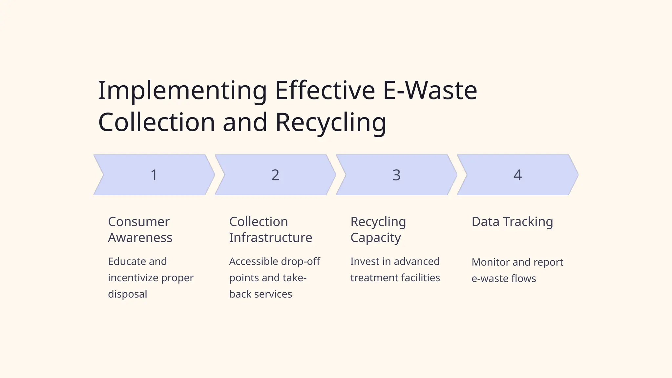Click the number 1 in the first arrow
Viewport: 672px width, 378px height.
(x=154, y=175)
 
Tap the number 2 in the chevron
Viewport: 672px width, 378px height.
(x=275, y=175)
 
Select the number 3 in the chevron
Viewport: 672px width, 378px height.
(x=396, y=175)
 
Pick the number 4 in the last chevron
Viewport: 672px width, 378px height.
(x=517, y=175)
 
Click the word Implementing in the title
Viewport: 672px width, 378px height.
(x=182, y=91)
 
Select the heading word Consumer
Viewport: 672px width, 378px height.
(x=139, y=222)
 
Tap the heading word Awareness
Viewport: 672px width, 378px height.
(x=140, y=238)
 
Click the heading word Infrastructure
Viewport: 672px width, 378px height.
(x=270, y=238)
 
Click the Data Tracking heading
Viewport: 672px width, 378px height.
(x=512, y=222)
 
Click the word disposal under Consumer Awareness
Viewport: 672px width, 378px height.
(x=127, y=294)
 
